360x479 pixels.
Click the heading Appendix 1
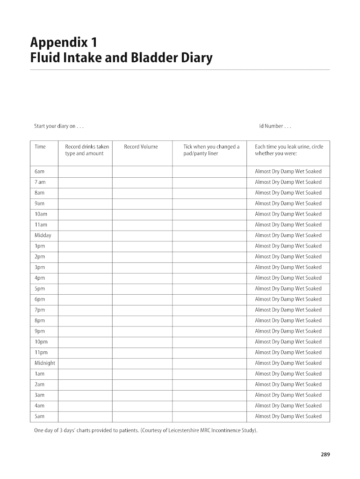[x=64, y=43]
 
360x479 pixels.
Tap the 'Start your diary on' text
[x=59, y=126]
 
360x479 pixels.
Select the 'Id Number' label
[x=275, y=126]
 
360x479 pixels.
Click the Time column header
[x=40, y=147]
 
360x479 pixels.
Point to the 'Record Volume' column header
[x=141, y=147]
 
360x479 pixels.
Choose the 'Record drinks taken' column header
[x=87, y=147]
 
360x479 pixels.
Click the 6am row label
[x=40, y=172]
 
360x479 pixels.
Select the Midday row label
[x=43, y=235]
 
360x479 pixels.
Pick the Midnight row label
[x=45, y=363]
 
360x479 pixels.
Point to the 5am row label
[x=40, y=416]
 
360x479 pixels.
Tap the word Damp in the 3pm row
[x=287, y=267]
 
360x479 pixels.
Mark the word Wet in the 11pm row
[x=300, y=352]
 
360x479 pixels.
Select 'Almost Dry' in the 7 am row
[x=267, y=182]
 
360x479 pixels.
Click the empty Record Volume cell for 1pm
[x=142, y=246]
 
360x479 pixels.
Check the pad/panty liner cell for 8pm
[x=209, y=320]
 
